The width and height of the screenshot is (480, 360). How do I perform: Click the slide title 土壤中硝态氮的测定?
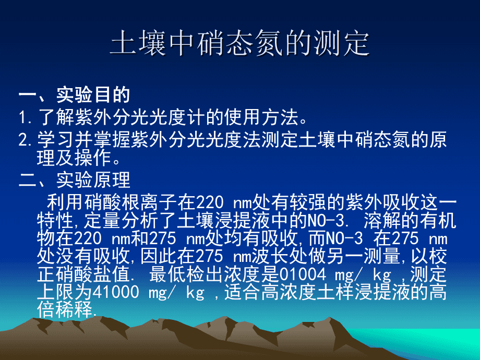pos(239,45)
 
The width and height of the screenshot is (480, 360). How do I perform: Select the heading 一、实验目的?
pos(74,95)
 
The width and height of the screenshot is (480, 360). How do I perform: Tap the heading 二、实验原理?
pos(74,181)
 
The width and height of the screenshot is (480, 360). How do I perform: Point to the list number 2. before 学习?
pos(26,140)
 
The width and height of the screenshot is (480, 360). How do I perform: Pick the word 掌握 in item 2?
pos(110,140)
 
